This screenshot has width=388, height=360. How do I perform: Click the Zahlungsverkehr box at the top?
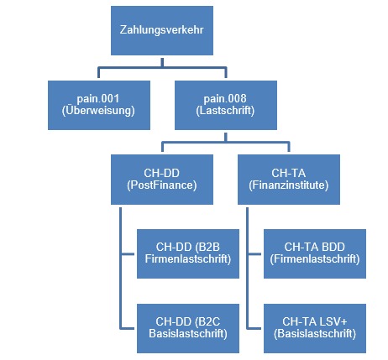[x=162, y=30]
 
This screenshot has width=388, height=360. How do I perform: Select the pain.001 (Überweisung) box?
[x=99, y=105]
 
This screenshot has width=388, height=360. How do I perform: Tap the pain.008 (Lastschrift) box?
[x=226, y=105]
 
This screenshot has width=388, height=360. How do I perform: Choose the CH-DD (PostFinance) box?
[x=162, y=180]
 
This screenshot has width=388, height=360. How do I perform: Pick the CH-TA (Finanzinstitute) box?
[x=289, y=180]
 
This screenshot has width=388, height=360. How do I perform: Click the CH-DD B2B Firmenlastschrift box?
[x=188, y=253]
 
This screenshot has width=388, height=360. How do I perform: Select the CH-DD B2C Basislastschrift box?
[x=188, y=328]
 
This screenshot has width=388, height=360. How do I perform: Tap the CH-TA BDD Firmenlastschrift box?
[x=315, y=253]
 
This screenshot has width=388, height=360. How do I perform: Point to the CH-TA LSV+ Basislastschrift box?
[x=315, y=328]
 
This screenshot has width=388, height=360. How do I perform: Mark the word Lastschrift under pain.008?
[x=225, y=111]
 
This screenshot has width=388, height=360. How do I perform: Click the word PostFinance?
[x=162, y=185]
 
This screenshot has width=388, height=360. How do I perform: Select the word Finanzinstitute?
[x=289, y=185]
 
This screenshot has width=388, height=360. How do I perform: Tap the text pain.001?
[x=98, y=99]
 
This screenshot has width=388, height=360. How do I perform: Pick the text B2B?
[x=207, y=247]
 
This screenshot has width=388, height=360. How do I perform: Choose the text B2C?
[x=207, y=321]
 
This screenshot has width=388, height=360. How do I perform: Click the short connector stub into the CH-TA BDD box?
[x=254, y=254]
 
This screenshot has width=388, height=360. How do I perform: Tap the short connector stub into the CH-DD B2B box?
[x=128, y=254]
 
